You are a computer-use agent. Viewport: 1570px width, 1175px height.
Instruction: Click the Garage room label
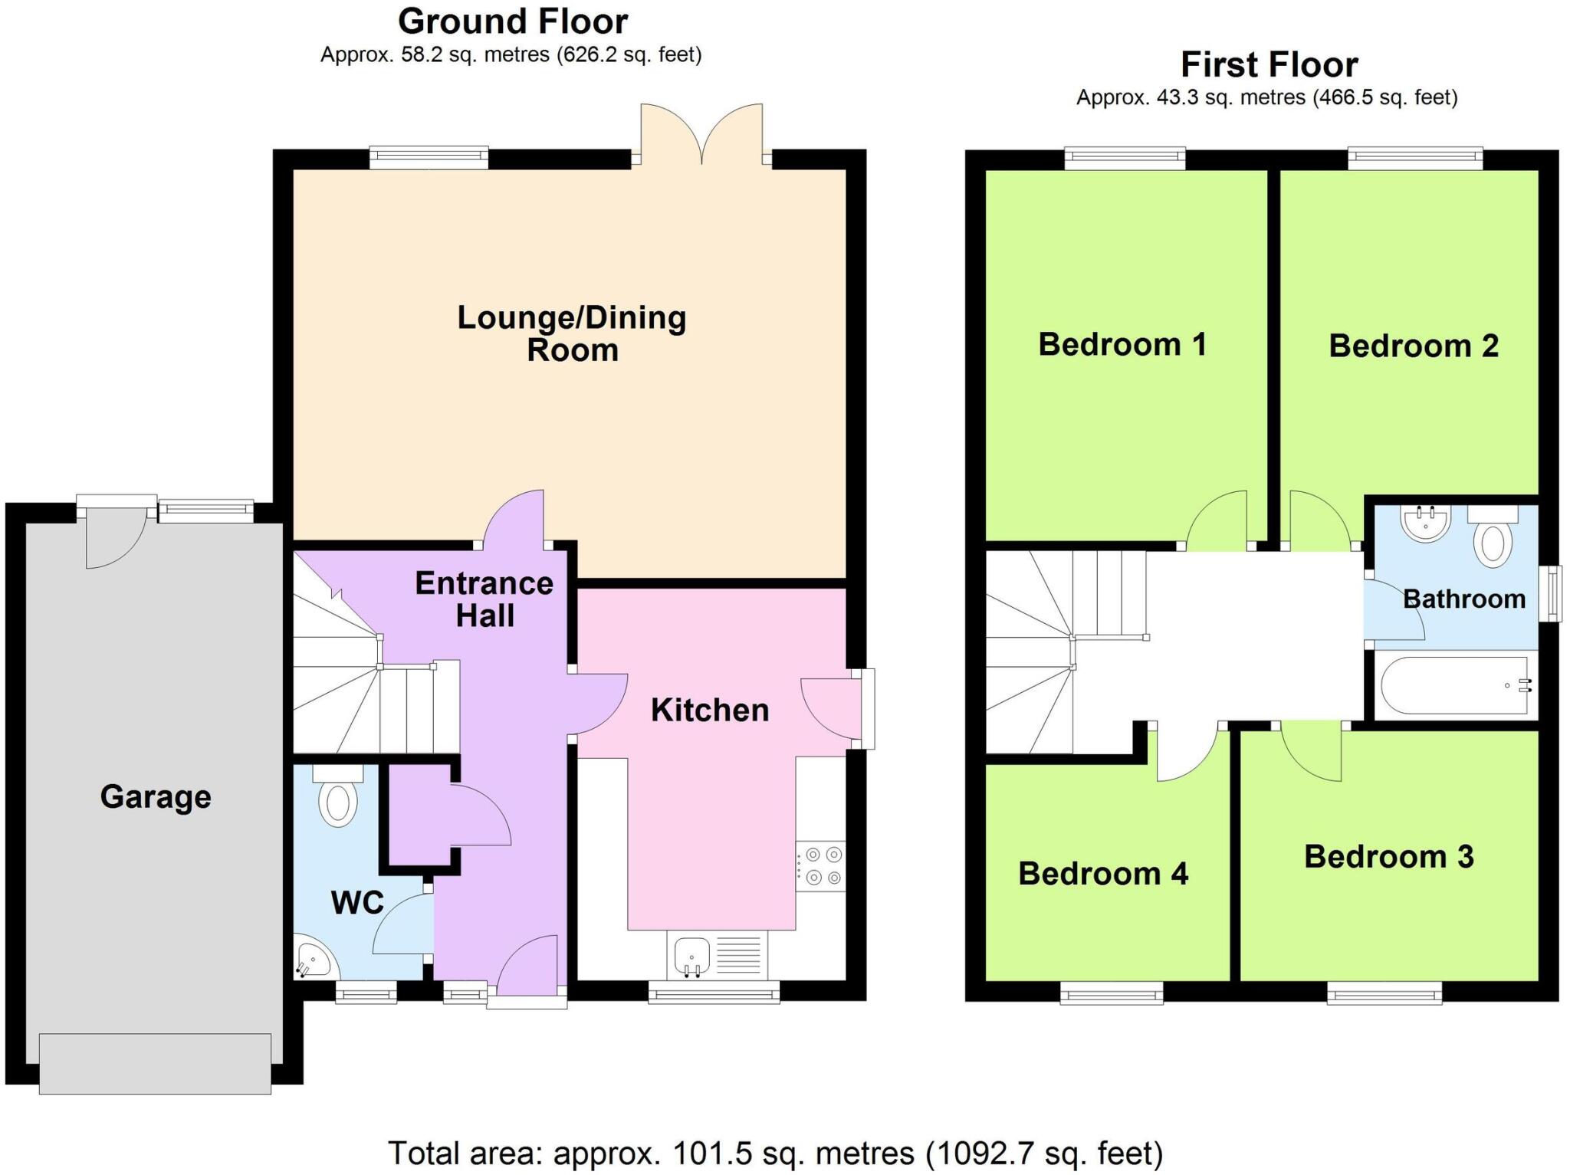pyautogui.click(x=156, y=797)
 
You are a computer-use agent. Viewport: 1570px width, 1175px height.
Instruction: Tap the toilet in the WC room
pyautogui.click(x=338, y=797)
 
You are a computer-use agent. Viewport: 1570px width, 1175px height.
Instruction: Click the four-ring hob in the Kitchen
pyautogui.click(x=821, y=866)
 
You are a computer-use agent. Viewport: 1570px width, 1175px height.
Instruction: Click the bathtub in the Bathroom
pyautogui.click(x=1455, y=685)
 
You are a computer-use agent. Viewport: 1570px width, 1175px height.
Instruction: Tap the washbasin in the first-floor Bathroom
pyautogui.click(x=1425, y=523)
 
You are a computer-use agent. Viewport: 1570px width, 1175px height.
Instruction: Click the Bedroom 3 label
pyautogui.click(x=1388, y=857)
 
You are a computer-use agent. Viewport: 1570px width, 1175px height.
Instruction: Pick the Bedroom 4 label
pyautogui.click(x=1102, y=874)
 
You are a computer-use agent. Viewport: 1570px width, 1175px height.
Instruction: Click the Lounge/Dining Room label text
pyautogui.click(x=571, y=333)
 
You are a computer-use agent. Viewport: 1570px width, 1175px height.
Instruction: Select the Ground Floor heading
pyautogui.click(x=512, y=21)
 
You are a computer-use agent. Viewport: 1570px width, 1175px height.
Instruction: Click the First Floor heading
pyautogui.click(x=1269, y=64)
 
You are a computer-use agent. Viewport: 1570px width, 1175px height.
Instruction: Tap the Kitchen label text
pyautogui.click(x=709, y=711)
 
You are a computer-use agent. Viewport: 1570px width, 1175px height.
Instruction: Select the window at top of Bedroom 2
pyautogui.click(x=1414, y=159)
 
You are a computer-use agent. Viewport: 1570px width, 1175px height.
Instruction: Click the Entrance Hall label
pyautogui.click(x=484, y=599)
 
